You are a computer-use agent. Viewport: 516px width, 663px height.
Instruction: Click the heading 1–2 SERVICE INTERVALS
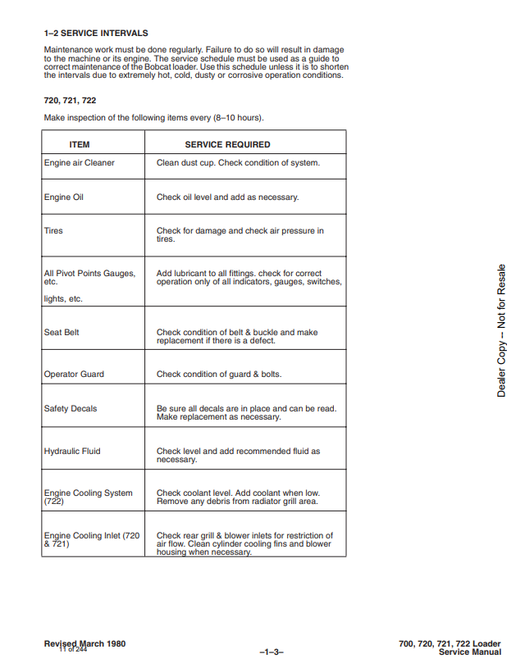pos(96,34)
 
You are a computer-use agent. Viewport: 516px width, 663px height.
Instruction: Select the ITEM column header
pos(80,144)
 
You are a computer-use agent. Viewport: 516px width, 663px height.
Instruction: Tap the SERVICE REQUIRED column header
pos(227,144)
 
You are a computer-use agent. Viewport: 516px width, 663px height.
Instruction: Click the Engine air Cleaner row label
pos(80,162)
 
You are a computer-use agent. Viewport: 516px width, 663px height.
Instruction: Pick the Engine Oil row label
pos(64,197)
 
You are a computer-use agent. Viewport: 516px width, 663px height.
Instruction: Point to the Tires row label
pos(53,230)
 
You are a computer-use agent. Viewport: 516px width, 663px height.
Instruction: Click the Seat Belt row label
pos(62,332)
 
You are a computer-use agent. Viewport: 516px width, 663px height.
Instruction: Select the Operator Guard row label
pos(74,374)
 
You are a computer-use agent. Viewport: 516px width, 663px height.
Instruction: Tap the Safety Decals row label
pos(71,408)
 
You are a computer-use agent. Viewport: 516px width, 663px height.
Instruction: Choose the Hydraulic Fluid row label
pos(72,451)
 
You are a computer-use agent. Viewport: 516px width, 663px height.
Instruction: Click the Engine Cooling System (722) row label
pos(88,497)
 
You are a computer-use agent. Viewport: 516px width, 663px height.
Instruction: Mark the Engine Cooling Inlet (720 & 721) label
pos(92,539)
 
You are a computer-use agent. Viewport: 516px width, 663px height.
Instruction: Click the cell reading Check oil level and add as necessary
pos(227,197)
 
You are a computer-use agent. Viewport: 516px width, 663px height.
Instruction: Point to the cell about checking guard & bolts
pos(218,374)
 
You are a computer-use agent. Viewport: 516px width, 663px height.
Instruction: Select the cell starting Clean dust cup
pos(238,162)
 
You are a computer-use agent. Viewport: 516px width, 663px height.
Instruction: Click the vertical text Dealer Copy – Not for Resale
pos(501,330)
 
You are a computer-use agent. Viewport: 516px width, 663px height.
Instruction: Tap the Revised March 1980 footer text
pos(84,643)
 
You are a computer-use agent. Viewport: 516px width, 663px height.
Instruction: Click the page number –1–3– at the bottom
pos(271,652)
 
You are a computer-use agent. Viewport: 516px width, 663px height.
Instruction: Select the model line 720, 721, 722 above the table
pos(70,100)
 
